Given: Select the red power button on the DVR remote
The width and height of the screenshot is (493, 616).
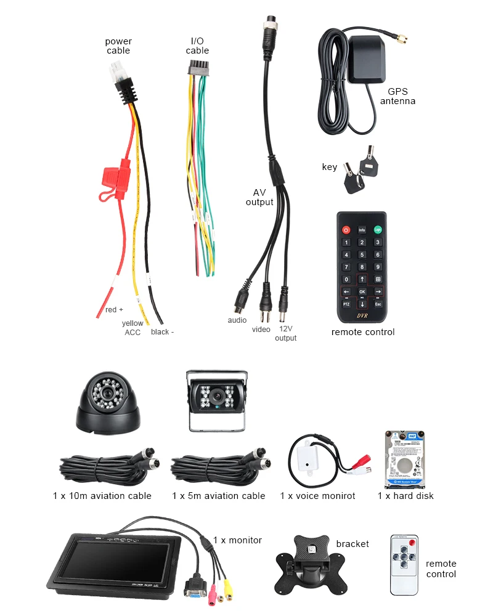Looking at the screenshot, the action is (346, 230).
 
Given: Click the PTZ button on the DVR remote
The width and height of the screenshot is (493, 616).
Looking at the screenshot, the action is (346, 304).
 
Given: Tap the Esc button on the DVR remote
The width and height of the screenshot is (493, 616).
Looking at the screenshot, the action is (378, 304).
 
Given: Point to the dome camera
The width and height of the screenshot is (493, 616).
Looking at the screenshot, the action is (108, 403).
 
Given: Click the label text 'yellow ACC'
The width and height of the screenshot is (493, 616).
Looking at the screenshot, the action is (132, 328).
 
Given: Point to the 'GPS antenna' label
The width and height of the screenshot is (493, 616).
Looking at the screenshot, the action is (397, 96).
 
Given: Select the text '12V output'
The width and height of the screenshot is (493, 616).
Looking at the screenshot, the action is (285, 333).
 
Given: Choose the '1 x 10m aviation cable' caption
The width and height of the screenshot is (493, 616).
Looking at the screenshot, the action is (102, 496).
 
